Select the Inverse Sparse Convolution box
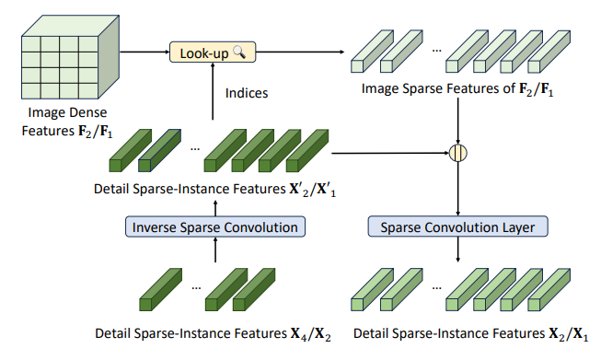click(x=214, y=226)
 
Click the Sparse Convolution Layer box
click(x=457, y=226)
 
